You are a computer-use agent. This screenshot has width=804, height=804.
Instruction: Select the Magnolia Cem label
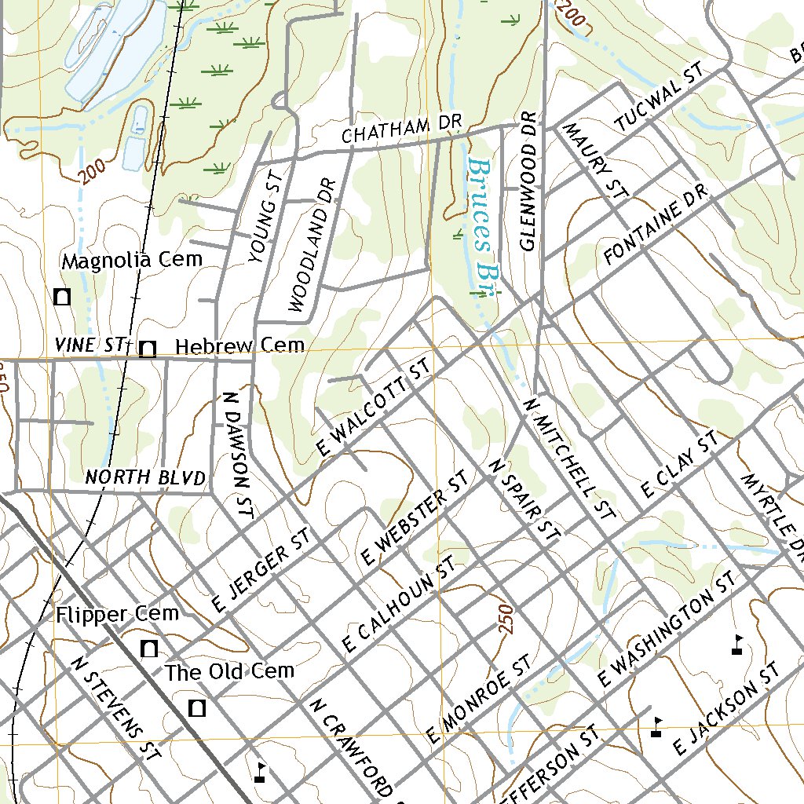coord(132,260)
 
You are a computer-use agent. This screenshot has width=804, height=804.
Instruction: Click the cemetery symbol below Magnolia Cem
coord(62,297)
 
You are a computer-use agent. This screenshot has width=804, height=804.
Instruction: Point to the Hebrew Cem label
coord(239,346)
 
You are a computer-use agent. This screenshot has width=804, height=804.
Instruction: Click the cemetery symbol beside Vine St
coord(147,349)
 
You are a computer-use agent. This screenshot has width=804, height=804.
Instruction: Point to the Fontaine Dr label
coord(656,225)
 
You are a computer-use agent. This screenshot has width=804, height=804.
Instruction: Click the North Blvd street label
coord(145,477)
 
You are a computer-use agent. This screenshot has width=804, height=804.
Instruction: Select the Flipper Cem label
coord(118,614)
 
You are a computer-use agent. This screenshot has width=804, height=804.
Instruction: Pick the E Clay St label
coord(680,465)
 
